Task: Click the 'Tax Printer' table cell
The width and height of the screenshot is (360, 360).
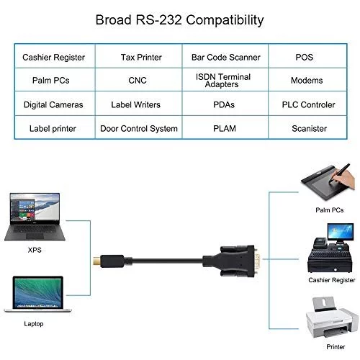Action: click(138, 56)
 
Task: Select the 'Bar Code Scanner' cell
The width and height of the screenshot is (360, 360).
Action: click(225, 56)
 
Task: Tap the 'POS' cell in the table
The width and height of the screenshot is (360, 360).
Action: click(307, 56)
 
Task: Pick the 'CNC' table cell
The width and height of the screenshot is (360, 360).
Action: click(138, 80)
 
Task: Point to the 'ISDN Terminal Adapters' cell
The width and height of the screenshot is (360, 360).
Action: click(225, 80)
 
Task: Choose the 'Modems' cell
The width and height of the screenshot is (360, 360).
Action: click(307, 80)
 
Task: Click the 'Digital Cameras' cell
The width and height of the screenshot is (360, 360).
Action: click(55, 104)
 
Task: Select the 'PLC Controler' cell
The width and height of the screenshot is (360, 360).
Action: click(307, 104)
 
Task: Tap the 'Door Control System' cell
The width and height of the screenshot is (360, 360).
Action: click(138, 127)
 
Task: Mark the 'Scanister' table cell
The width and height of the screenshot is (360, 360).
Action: click(307, 127)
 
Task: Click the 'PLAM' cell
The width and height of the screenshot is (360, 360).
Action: click(225, 127)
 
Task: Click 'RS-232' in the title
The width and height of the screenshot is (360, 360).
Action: click(158, 19)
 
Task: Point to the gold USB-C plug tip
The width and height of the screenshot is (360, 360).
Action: click(96, 261)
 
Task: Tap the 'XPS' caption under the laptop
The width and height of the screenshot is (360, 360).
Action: click(35, 250)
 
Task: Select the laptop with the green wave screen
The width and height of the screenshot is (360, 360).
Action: click(37, 294)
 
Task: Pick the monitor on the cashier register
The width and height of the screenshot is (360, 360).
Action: click(341, 232)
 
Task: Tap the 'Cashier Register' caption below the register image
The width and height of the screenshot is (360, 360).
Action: click(331, 280)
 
